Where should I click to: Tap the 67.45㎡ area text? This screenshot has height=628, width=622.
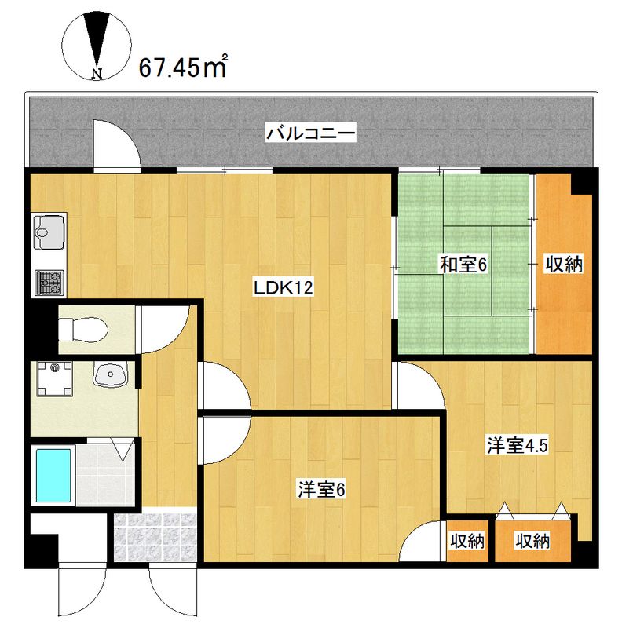tap(183, 68)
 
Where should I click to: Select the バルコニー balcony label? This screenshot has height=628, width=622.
tap(311, 133)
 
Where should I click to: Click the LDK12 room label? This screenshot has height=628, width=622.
tap(283, 288)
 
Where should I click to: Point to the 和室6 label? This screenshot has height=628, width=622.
tap(463, 265)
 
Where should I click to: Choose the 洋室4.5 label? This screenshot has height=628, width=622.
tap(516, 446)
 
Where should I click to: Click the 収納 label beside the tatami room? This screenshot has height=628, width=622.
tap(564, 265)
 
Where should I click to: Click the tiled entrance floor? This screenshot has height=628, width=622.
tap(154, 539)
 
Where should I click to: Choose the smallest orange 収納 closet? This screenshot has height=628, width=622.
tap(466, 541)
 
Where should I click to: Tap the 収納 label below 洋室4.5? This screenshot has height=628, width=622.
tap(532, 541)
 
